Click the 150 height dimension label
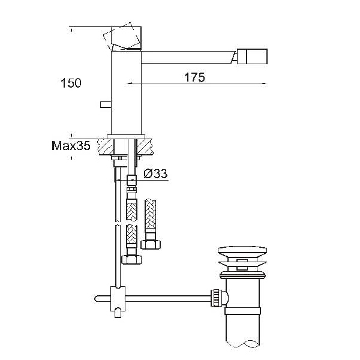[71, 83]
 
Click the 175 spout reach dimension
[194, 77]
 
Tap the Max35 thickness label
[71, 146]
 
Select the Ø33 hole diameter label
[155, 173]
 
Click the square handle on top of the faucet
[126, 38]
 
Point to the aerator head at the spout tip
[252, 56]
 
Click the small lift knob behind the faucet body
[106, 104]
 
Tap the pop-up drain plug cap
[242, 250]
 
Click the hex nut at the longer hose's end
[131, 260]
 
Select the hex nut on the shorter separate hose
[151, 245]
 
